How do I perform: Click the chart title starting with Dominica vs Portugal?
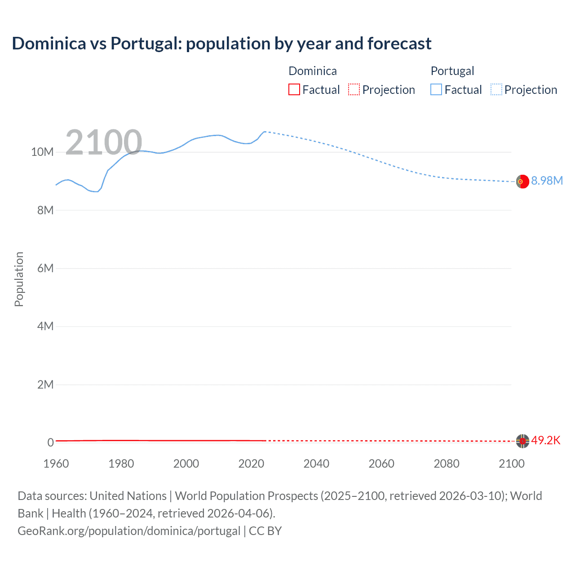click(x=221, y=44)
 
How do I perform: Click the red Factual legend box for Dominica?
click(x=294, y=89)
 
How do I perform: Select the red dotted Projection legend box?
click(x=354, y=89)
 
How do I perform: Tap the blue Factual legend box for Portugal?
click(x=436, y=89)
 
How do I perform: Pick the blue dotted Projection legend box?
click(x=496, y=89)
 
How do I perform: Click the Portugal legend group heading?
click(x=452, y=71)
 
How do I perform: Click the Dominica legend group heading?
click(x=312, y=71)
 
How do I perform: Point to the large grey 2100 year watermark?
click(x=104, y=142)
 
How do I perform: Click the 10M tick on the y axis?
click(x=42, y=152)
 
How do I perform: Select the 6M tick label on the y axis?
click(x=45, y=268)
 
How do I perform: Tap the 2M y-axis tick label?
click(x=45, y=385)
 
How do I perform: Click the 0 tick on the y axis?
click(x=50, y=442)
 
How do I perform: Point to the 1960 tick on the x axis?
click(x=56, y=464)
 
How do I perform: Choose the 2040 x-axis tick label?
click(x=316, y=464)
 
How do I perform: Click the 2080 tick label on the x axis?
click(x=447, y=464)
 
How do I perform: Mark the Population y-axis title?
click(x=19, y=279)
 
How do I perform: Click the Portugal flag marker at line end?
click(x=522, y=181)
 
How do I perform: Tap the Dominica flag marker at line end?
click(x=522, y=441)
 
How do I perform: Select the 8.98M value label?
click(x=547, y=181)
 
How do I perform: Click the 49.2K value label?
click(x=546, y=440)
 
